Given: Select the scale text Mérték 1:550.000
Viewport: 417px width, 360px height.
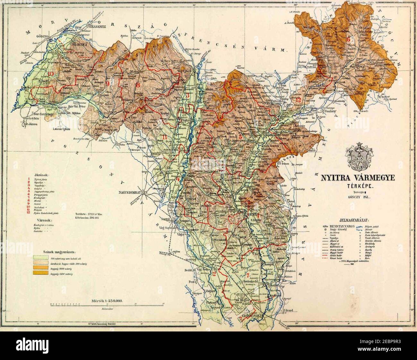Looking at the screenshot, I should pyautogui.click(x=108, y=301).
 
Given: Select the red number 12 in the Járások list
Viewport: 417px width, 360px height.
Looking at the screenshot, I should pyautogui.click(x=29, y=213).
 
